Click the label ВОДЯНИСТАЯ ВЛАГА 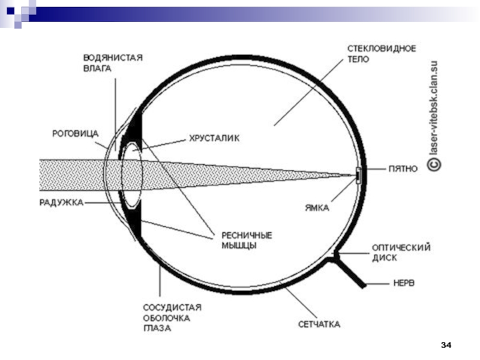(x=112, y=62)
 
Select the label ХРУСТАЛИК (x=214, y=139)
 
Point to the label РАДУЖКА (x=61, y=203)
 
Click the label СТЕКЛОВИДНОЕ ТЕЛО (x=382, y=54)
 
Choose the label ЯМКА (x=316, y=208)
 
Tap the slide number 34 (x=446, y=345)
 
